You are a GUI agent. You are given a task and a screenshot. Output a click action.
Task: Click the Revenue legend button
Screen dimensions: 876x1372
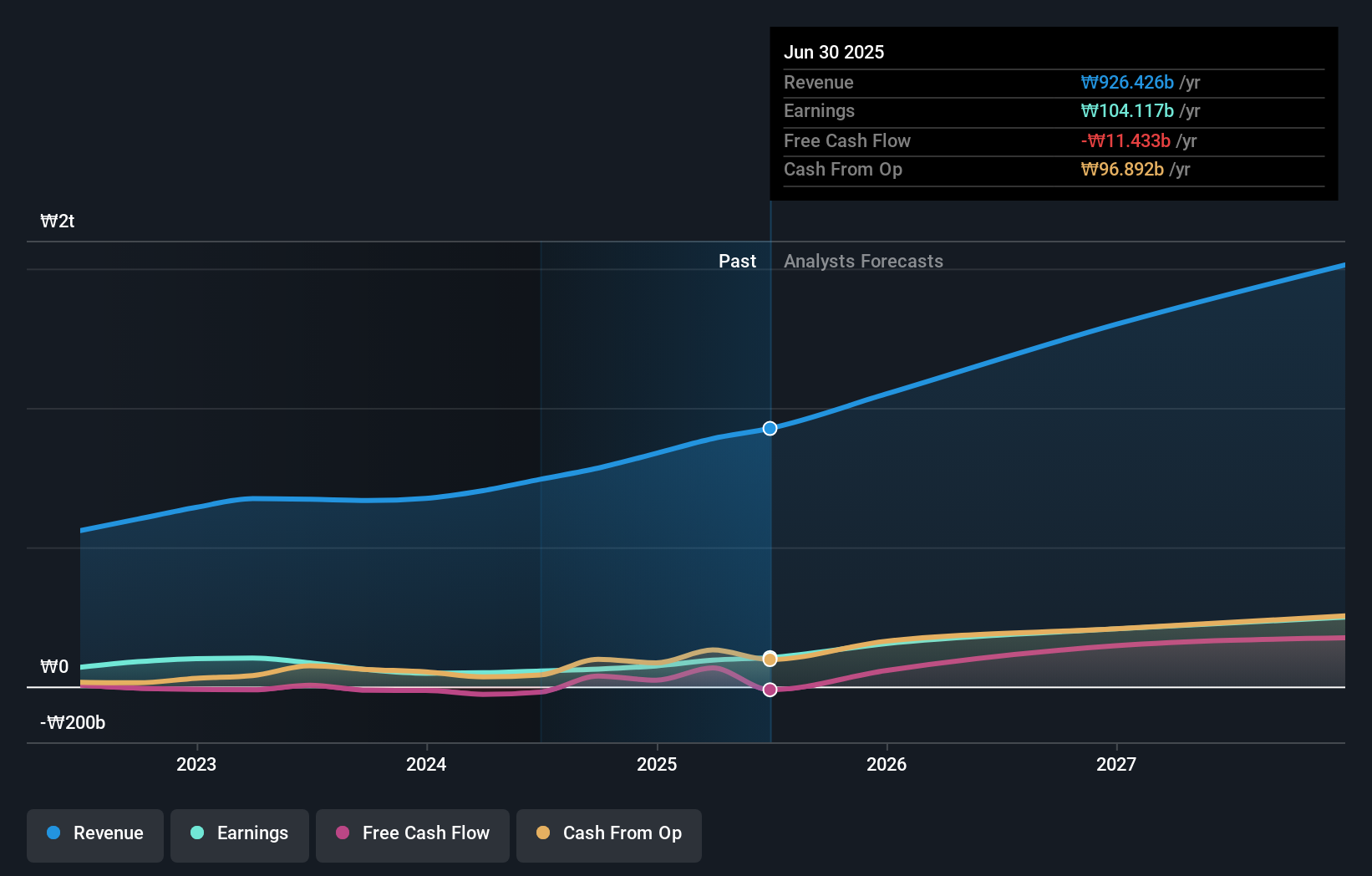click(x=95, y=833)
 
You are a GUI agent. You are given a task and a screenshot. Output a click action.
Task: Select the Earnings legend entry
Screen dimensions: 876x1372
click(x=240, y=833)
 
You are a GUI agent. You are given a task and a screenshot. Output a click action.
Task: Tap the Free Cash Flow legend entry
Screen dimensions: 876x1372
click(x=413, y=833)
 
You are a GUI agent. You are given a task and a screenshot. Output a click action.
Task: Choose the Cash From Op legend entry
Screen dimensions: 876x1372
click(x=609, y=833)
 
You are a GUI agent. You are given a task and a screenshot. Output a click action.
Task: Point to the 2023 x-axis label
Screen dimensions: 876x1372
click(x=196, y=764)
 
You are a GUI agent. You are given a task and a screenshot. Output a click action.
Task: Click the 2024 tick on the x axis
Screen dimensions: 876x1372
click(x=426, y=764)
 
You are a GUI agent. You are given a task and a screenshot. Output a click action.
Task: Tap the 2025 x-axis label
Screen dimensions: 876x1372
click(x=657, y=764)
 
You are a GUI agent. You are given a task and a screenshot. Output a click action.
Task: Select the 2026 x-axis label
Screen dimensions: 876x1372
click(x=887, y=764)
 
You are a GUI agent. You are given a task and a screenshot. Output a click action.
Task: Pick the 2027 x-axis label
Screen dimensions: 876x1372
click(x=1116, y=764)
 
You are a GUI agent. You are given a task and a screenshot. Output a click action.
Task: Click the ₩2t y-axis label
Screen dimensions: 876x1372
click(x=58, y=221)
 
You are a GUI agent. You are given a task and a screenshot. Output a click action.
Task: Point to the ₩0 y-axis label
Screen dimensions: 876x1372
click(x=55, y=666)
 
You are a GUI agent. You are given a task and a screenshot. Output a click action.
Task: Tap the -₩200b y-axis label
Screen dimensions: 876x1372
click(x=73, y=722)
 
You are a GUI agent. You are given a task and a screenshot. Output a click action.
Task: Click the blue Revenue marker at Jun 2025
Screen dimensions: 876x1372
click(x=770, y=428)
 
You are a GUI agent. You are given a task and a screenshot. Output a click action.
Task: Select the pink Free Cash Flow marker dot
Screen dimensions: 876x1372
click(x=770, y=690)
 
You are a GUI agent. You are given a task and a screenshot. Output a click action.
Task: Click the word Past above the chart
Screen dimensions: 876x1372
click(x=737, y=261)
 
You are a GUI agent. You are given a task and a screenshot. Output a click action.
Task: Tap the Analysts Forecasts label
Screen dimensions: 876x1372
click(x=863, y=261)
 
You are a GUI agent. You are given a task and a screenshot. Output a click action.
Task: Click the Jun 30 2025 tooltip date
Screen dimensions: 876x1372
click(x=834, y=52)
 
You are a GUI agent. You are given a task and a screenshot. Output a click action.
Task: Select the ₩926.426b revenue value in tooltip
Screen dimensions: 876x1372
click(x=1127, y=82)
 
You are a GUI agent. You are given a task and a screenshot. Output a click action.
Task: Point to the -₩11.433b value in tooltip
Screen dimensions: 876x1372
click(x=1126, y=140)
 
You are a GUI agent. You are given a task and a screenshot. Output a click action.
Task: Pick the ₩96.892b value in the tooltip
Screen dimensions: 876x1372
click(x=1122, y=169)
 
